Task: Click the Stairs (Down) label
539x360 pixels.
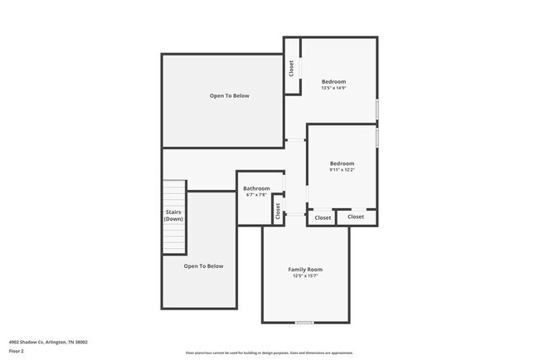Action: pyautogui.click(x=173, y=215)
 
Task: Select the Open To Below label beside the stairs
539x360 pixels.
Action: pyautogui.click(x=203, y=266)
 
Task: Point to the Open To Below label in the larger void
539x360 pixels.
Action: pyautogui.click(x=229, y=96)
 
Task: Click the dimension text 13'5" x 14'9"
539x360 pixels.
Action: pyautogui.click(x=333, y=88)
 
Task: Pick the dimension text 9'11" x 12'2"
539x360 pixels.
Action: pyautogui.click(x=342, y=170)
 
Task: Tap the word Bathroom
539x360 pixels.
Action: pyautogui.click(x=256, y=188)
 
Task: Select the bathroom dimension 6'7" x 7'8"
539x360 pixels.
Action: pyautogui.click(x=256, y=195)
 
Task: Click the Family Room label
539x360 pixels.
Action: pyautogui.click(x=305, y=270)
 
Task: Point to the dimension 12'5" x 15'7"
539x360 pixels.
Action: pyautogui.click(x=305, y=276)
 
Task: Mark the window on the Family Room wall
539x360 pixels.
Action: pyautogui.click(x=305, y=322)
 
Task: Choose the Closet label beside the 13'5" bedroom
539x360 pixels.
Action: pyautogui.click(x=291, y=69)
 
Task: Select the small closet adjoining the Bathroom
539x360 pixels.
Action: pyautogui.click(x=278, y=211)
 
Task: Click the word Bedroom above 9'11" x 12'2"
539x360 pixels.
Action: pyautogui.click(x=342, y=163)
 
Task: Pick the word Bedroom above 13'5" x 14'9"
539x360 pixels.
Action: pyautogui.click(x=333, y=81)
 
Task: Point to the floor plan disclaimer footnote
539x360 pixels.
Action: pyautogui.click(x=269, y=353)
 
